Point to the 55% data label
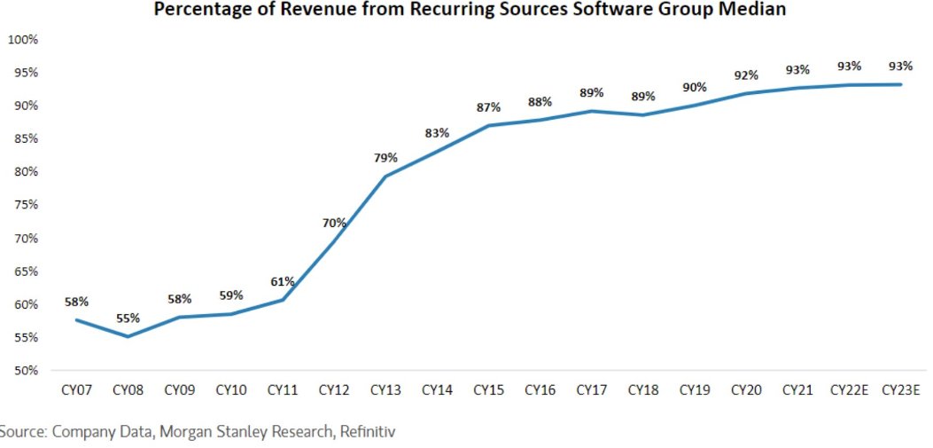128,318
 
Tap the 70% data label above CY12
335,223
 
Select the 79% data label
386,159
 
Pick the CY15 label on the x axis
489,389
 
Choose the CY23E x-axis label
901,389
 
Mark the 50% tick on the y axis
25,371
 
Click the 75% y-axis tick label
25,205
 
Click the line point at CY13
386,177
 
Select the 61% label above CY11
283,281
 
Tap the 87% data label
488,107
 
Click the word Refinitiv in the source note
363,432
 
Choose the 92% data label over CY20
746,75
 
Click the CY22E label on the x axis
850,389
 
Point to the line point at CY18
643,114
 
